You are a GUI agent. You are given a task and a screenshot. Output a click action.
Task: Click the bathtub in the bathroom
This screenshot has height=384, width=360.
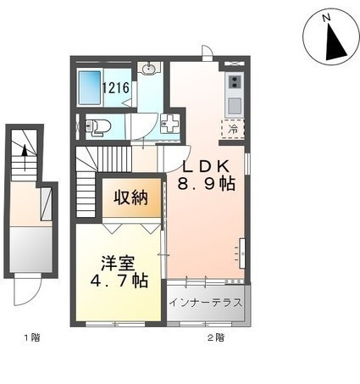[90, 88]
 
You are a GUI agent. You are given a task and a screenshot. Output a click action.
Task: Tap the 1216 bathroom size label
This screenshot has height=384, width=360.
[116, 88]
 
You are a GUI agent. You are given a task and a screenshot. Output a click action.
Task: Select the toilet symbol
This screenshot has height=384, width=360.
[97, 125]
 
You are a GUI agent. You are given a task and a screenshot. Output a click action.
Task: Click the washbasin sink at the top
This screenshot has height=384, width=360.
[148, 69]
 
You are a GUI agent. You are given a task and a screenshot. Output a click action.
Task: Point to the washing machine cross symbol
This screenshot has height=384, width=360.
[169, 123]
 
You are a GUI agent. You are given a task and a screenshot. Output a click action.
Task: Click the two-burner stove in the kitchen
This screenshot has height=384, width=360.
[235, 81]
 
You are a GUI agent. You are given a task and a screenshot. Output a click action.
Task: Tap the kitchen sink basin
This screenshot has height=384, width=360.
[235, 106]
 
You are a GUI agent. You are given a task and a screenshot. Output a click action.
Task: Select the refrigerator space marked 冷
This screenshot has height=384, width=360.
[233, 129]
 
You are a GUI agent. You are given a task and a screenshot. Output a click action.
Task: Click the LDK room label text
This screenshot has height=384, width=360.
[206, 167]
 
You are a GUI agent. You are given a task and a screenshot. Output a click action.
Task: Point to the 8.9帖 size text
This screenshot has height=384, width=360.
[206, 184]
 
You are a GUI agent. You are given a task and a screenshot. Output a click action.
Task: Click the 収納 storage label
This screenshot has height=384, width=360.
[130, 198]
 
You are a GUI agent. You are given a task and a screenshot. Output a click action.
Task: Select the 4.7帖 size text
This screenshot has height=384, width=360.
[119, 281]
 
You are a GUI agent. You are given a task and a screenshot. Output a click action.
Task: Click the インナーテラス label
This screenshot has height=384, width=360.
[206, 303]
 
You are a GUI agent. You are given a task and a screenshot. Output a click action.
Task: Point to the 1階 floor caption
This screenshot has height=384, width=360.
[32, 337]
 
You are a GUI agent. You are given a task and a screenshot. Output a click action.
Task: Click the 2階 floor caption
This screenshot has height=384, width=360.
[216, 337]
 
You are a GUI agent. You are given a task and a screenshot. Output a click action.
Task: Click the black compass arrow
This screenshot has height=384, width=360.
[335, 45]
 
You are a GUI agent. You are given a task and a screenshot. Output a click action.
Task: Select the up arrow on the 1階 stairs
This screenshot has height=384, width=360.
[25, 158]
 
